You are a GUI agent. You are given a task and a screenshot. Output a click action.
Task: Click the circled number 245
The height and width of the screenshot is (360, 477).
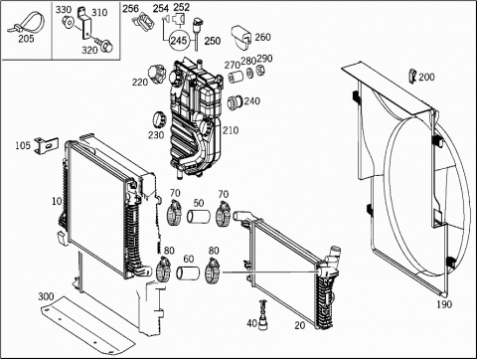pos(179,41)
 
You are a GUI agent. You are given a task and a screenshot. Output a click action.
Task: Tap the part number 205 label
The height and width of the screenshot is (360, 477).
pos(26,39)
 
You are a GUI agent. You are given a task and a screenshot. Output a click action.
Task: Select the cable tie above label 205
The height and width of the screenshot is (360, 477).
pos(26,22)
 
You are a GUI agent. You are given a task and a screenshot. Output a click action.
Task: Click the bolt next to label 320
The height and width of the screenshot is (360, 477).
pos(103,45)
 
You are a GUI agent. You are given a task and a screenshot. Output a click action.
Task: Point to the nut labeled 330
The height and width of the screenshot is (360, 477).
pos(69,22)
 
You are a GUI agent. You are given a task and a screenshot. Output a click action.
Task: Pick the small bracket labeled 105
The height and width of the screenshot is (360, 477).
pos(47,145)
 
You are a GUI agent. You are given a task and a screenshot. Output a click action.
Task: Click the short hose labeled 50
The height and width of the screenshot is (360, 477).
pos(199,217)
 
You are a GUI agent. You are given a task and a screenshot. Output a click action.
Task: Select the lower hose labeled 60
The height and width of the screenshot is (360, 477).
pos(188,272)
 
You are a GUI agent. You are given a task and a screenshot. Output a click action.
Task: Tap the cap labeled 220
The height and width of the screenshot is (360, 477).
pos(158,74)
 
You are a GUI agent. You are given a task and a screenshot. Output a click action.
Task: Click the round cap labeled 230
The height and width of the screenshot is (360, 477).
pos(158,119)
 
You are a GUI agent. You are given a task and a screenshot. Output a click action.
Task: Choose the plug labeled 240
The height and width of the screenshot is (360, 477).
pos(235,102)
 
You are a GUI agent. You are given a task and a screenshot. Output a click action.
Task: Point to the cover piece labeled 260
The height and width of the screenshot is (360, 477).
pos(241,37)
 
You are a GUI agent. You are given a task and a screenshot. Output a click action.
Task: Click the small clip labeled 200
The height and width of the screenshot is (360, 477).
pos(412,76)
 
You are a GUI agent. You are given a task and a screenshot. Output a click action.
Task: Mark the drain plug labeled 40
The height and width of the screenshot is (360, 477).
pos(262,315)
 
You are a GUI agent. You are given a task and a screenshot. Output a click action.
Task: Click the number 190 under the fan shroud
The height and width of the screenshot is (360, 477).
pos(444,304)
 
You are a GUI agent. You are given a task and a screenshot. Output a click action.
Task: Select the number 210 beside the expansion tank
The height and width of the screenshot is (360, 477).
pos(231,130)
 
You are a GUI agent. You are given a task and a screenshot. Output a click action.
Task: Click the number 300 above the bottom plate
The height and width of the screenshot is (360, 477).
pos(46,296)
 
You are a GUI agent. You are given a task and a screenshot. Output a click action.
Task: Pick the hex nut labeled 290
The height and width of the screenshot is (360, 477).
pos(260,70)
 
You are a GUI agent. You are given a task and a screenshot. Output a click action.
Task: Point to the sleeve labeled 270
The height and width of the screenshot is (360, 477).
pos(237,77)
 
